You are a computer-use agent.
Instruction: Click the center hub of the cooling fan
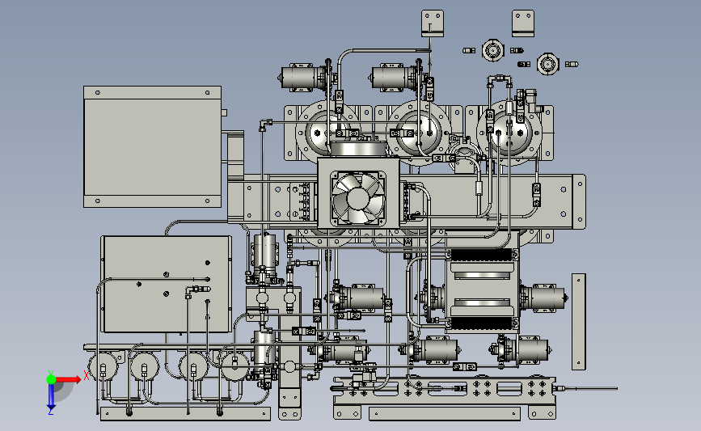357,198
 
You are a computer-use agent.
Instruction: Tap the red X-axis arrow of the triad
68,379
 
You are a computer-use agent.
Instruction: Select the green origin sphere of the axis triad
51,379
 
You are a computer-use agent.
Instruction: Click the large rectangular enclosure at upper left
153,146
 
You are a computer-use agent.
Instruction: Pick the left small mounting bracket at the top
433,23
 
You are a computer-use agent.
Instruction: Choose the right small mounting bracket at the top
523,23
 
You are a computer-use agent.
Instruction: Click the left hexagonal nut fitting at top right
492,50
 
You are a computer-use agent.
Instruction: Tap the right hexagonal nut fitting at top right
547,64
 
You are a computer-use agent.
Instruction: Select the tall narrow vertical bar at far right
578,322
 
